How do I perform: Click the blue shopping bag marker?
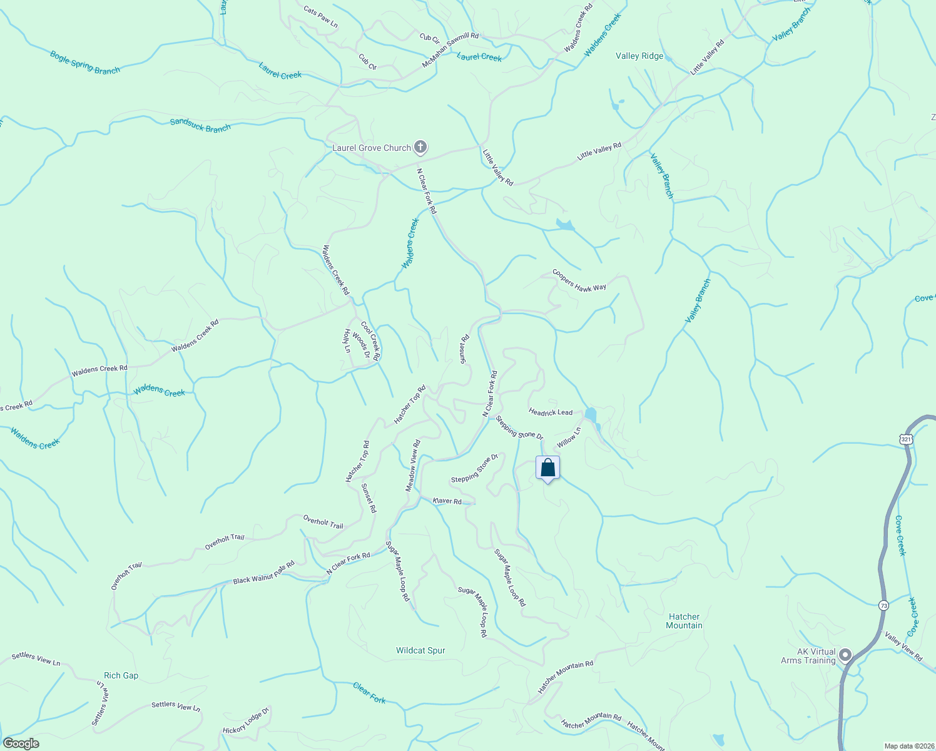547,468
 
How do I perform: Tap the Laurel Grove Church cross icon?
420,148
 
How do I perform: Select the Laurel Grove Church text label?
371,148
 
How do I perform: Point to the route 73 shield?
883,605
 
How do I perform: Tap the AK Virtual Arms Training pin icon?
845,655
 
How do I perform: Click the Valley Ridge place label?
639,56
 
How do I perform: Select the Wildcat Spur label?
420,651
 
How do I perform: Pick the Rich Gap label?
121,676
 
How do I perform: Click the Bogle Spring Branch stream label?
84,63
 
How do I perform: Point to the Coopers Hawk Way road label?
579,280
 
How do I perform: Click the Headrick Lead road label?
551,412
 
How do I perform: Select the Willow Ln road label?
569,437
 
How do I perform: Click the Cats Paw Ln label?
320,17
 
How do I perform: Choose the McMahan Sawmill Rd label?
450,51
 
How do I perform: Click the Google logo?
20,743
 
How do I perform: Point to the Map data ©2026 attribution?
908,746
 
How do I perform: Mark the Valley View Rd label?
903,646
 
